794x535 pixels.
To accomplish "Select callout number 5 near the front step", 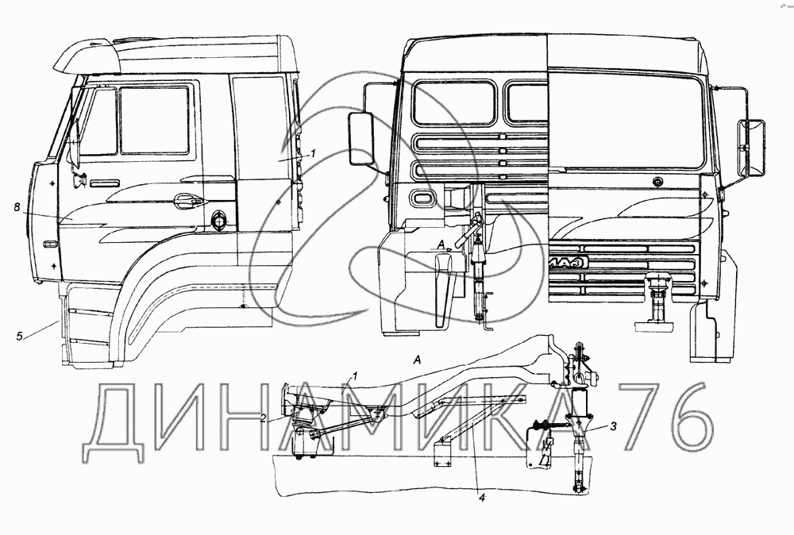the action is tap(19, 337).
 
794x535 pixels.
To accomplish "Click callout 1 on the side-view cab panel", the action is tap(314, 152).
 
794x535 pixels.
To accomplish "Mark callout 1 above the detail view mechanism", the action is tap(356, 375).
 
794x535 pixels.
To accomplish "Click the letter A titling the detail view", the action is tap(416, 360).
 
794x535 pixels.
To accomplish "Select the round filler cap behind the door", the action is tap(218, 217).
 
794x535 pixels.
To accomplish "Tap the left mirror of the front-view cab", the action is tap(364, 139).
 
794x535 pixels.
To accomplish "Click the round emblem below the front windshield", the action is tap(657, 183).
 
